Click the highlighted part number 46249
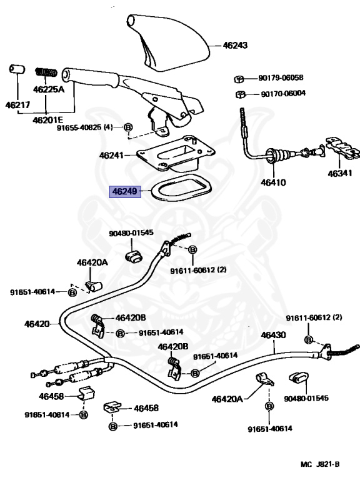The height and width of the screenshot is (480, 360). pos(125,192)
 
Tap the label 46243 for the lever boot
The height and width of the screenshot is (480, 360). pos(235,45)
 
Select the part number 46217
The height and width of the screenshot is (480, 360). pos(17,105)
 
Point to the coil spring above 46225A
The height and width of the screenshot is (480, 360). pos(46,72)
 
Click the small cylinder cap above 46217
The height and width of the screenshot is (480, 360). pos(17,69)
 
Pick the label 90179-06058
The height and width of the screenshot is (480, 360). pos(281,77)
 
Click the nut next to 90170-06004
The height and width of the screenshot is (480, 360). pos(241,94)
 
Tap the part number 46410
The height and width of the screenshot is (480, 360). pos(273,182)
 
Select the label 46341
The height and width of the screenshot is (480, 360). pos(340,174)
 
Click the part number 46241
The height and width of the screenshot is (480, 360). pos(111,155)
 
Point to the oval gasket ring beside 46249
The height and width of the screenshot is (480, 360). pos(181,187)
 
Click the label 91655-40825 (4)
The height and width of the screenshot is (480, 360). pos(85,127)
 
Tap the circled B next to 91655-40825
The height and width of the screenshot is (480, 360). pos(128,127)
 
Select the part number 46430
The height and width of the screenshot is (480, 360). pos(273,335)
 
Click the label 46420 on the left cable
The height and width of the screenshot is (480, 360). pos(37,324)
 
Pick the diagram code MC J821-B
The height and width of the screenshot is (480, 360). pos(320,464)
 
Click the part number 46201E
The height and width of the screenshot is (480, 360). pos(47,120)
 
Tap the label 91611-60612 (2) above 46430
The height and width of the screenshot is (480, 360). pos(314,317)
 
